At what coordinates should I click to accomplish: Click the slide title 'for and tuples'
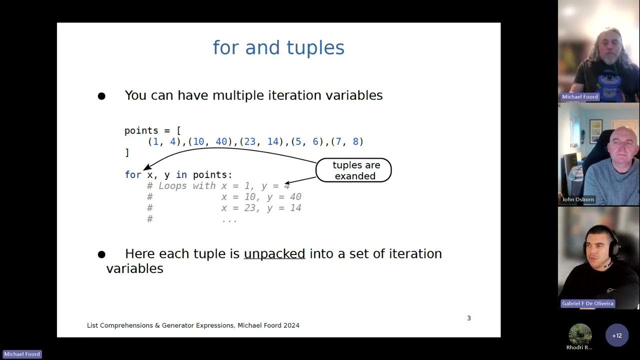coord(278,48)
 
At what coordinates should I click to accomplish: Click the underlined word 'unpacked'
coord(274,254)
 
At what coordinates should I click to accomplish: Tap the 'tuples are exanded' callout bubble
coord(353,170)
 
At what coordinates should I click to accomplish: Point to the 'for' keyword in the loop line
coord(132,175)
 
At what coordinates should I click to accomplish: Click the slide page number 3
coord(468,318)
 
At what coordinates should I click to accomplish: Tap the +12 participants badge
coord(616,335)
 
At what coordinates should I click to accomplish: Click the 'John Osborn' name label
coord(578,199)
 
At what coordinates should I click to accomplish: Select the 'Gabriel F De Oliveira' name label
coord(587,303)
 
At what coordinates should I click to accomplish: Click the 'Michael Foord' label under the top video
coord(579,97)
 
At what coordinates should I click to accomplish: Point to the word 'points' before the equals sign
coord(141,131)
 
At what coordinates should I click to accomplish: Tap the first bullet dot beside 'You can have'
coord(101,96)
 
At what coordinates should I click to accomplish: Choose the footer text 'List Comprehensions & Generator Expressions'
coord(160,325)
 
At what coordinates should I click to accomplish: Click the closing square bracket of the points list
coord(127,153)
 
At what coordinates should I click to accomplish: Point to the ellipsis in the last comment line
coord(229,219)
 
